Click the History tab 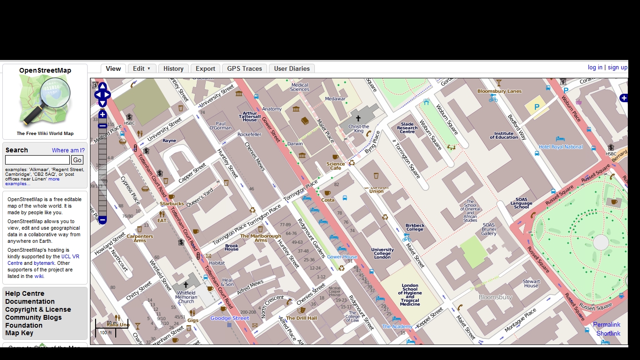tap(173, 68)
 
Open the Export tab tap(205, 68)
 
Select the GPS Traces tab tap(245, 68)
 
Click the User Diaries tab tap(291, 68)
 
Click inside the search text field tap(37, 160)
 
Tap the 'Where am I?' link tap(68, 150)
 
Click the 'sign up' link tap(618, 67)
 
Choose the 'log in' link tap(595, 67)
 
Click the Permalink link tap(606, 324)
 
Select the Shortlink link tap(608, 333)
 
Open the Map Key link tap(19, 333)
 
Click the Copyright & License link tap(38, 309)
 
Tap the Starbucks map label tap(172, 204)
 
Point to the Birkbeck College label tap(415, 227)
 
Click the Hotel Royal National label tap(561, 147)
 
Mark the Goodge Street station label tap(230, 318)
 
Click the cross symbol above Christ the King tap(358, 119)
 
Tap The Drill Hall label tap(301, 318)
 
